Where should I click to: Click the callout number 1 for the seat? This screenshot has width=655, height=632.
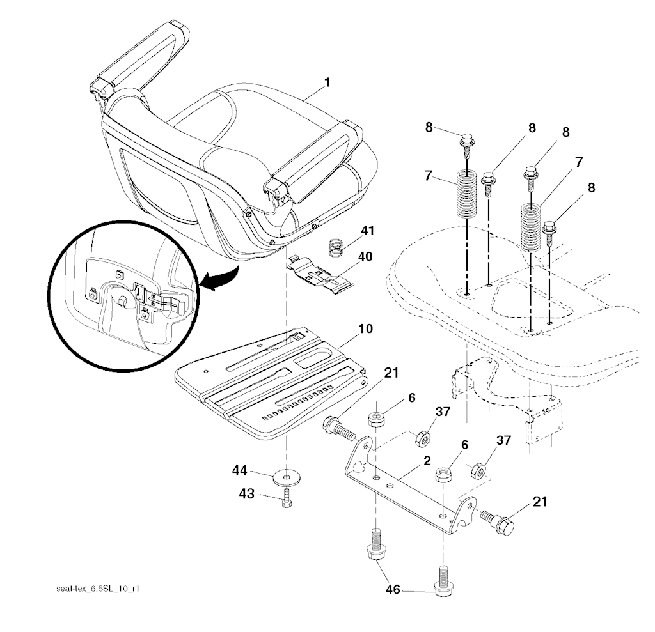[327, 82]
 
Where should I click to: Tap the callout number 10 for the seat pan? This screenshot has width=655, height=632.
[365, 328]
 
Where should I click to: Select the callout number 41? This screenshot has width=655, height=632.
[368, 231]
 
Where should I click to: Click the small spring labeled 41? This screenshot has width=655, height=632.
[336, 247]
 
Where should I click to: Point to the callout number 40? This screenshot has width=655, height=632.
[365, 256]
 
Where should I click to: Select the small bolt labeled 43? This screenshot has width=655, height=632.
[287, 498]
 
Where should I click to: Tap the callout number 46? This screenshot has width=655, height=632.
[393, 589]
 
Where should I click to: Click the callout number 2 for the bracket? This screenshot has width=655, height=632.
[427, 461]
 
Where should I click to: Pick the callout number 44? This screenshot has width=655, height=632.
[240, 471]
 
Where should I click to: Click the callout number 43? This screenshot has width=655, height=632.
[246, 494]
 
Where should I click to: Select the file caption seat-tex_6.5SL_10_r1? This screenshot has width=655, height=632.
[98, 589]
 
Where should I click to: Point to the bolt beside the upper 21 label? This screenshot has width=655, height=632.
[340, 429]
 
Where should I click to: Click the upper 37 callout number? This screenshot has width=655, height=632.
[443, 412]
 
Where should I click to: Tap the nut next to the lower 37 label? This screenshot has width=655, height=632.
[478, 471]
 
